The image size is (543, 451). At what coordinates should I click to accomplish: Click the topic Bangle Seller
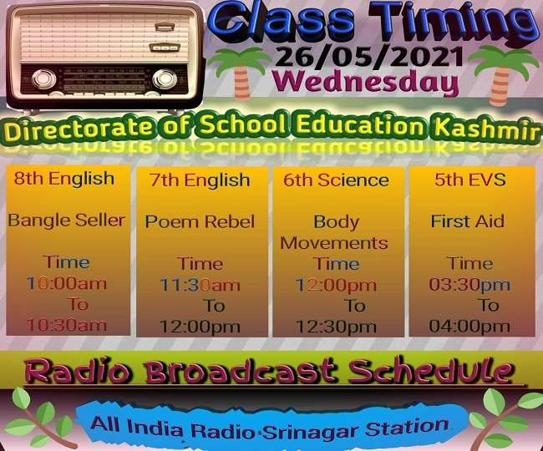[x=67, y=220]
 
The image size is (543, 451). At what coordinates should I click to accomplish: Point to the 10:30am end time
[x=67, y=325]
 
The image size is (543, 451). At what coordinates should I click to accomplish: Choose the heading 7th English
[x=200, y=180]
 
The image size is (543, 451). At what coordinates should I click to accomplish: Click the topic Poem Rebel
[x=200, y=222]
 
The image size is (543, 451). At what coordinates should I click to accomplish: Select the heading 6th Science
[x=336, y=180]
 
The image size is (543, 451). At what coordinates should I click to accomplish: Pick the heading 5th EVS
[x=469, y=180]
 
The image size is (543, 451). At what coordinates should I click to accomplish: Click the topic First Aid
[x=468, y=222]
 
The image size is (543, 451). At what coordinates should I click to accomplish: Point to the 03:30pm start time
[x=469, y=285]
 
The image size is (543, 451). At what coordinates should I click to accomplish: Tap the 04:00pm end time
[x=469, y=327]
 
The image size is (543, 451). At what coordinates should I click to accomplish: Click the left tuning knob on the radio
[x=43, y=80]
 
